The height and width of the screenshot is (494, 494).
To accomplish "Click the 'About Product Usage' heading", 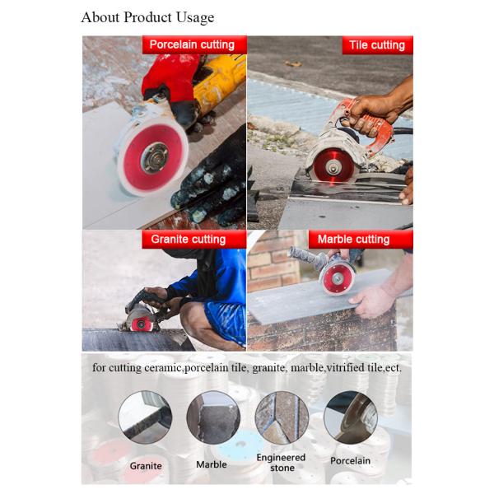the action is pos(147,17).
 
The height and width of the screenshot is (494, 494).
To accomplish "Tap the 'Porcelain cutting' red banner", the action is pos(194,44).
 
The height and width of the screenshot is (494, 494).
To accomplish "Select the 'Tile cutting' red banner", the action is pos(377,45).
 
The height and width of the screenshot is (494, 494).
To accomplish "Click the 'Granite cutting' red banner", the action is pos(193,239).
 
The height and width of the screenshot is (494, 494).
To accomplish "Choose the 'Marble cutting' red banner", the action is pos(361,239).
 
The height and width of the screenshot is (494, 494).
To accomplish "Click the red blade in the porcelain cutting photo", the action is pos(152,157).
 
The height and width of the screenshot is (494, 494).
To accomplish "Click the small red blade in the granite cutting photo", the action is pos(141,324).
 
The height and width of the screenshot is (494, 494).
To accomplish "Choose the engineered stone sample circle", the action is pos(282,417).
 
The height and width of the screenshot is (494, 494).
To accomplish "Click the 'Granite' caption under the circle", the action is pos(146,466).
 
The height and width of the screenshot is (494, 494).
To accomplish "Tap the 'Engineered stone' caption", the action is pos(281,463).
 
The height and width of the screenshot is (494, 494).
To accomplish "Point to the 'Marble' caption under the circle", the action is pos(212,464).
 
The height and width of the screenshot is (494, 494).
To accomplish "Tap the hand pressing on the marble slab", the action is pos(373,301).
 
